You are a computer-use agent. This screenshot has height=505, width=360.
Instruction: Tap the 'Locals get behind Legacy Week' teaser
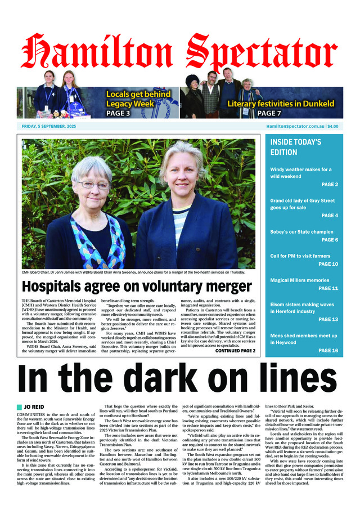pyautogui.click(x=138, y=99)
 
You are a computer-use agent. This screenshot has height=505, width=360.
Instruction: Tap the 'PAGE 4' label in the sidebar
pyautogui.click(x=329, y=216)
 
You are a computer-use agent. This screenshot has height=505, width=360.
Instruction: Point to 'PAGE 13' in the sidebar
pyautogui.click(x=328, y=319)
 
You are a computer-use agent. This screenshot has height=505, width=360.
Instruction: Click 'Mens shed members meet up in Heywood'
pyautogui.click(x=304, y=339)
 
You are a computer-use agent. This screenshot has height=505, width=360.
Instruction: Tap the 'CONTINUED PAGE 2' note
pyautogui.click(x=235, y=351)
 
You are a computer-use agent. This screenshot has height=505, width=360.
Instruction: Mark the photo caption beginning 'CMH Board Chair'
pyautogui.click(x=133, y=272)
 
